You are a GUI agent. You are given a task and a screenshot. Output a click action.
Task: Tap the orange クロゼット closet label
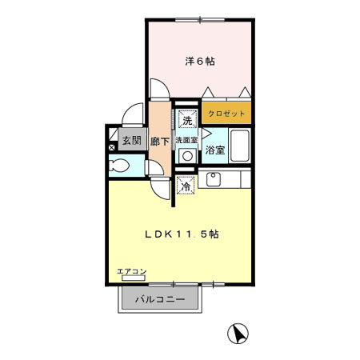coord(226,114)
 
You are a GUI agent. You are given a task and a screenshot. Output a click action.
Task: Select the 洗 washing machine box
coord(186,121)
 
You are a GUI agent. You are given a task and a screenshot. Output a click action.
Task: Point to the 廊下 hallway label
coord(160,142)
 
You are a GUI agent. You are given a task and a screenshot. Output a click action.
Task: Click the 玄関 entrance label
coord(130,142)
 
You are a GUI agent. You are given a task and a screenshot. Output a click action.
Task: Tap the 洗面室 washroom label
coord(188,140)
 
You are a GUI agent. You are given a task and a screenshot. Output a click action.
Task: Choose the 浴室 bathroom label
coord(214,150)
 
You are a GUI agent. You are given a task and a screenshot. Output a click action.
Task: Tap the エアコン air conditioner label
coord(131,272)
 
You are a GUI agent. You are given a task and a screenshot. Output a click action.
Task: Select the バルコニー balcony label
coord(160,300)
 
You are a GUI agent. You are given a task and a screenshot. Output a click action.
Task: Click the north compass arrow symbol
coord(238,333)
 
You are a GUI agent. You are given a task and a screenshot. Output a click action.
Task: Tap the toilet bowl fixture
coord(120,166)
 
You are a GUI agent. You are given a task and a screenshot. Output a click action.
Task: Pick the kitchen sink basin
coord(214,179)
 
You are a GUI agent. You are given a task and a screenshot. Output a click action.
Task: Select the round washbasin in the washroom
coord(187,156)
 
